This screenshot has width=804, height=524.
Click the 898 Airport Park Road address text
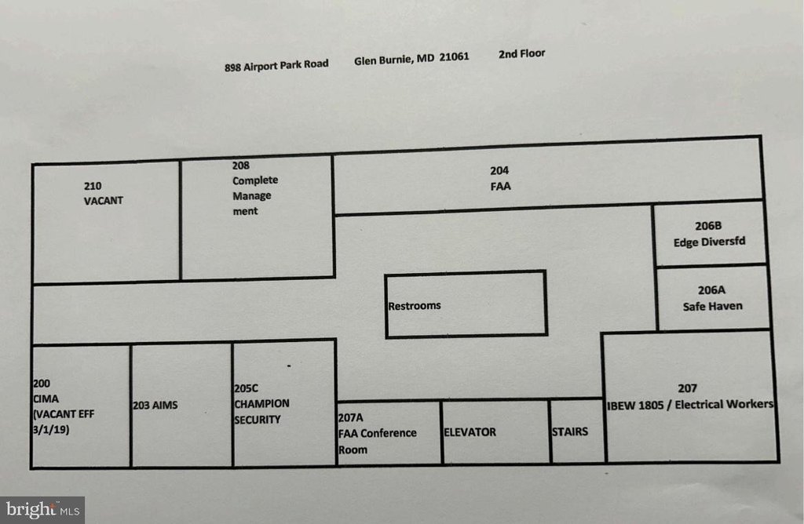(276, 66)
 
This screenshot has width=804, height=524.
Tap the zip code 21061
(454, 56)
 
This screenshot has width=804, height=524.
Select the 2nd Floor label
(522, 54)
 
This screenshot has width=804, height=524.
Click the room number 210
(93, 186)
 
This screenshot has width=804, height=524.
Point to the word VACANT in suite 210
(103, 201)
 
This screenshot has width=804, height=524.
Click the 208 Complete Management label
(255, 188)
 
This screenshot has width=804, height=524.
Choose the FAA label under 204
(500, 187)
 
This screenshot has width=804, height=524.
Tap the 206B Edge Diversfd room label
(709, 234)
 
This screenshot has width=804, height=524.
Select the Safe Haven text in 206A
(713, 306)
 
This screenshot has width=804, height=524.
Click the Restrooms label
(415, 306)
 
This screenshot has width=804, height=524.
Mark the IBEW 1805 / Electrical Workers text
(690, 405)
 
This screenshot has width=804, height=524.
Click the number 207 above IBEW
(688, 389)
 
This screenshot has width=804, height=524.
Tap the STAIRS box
(577, 431)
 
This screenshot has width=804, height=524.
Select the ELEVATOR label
(470, 432)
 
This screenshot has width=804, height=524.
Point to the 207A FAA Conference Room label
(378, 433)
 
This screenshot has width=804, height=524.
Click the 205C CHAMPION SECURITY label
(261, 404)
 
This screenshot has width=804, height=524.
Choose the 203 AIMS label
(155, 406)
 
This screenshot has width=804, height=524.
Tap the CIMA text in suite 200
(46, 399)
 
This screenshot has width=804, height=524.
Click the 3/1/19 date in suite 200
(51, 430)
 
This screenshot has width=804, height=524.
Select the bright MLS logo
(42, 510)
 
